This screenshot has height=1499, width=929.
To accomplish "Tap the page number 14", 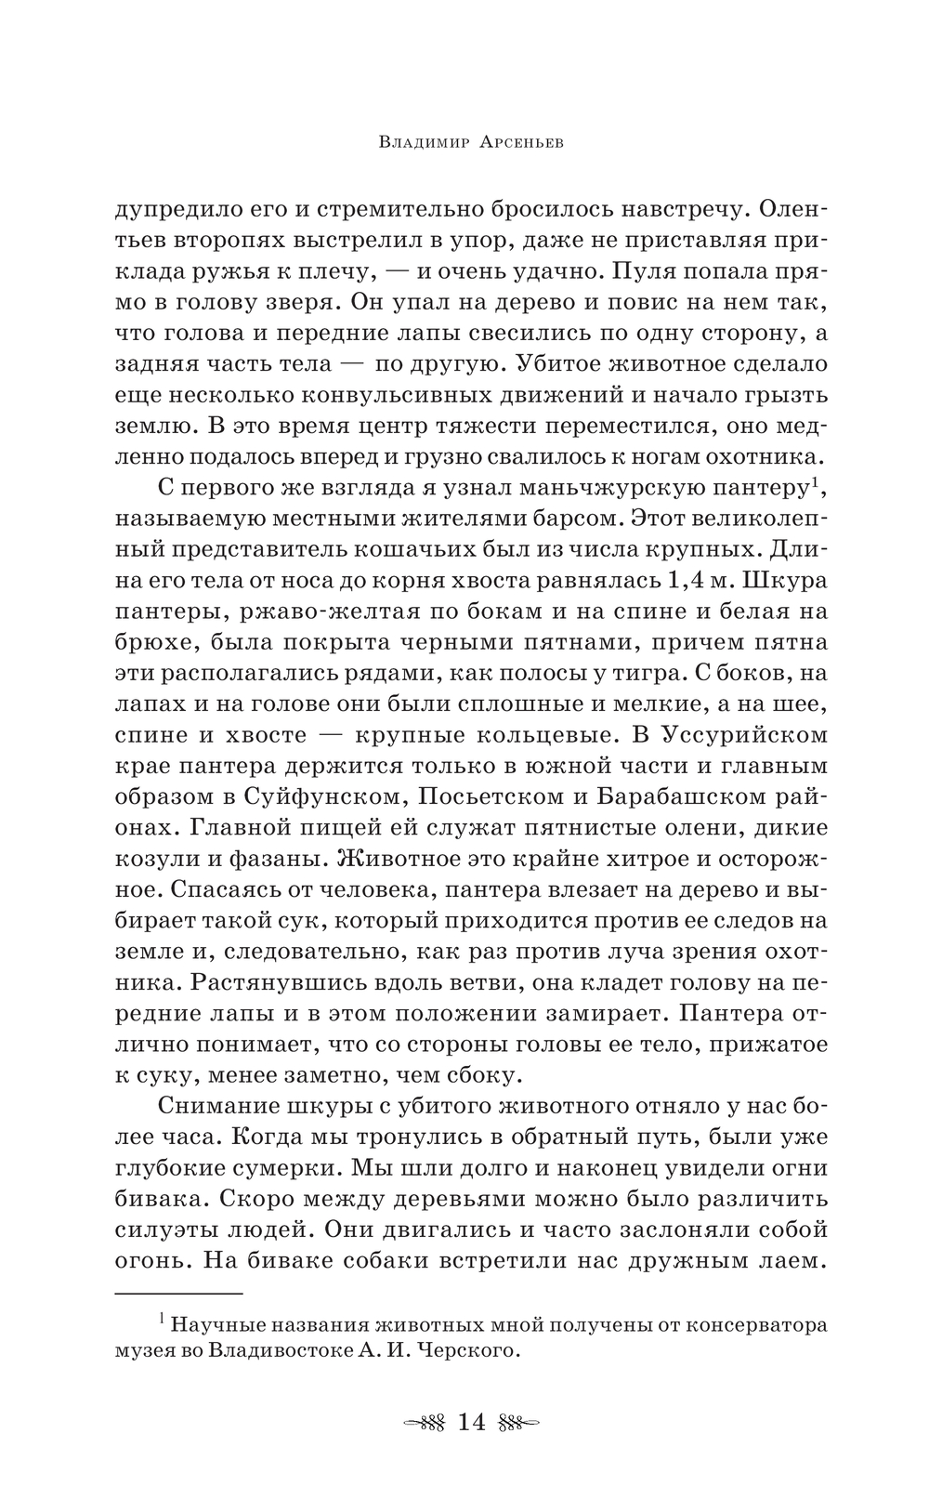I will pos(472,1422).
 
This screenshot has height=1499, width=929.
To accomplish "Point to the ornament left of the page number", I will pos(422,1422).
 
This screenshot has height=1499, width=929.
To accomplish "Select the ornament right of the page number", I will pos(520,1422).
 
